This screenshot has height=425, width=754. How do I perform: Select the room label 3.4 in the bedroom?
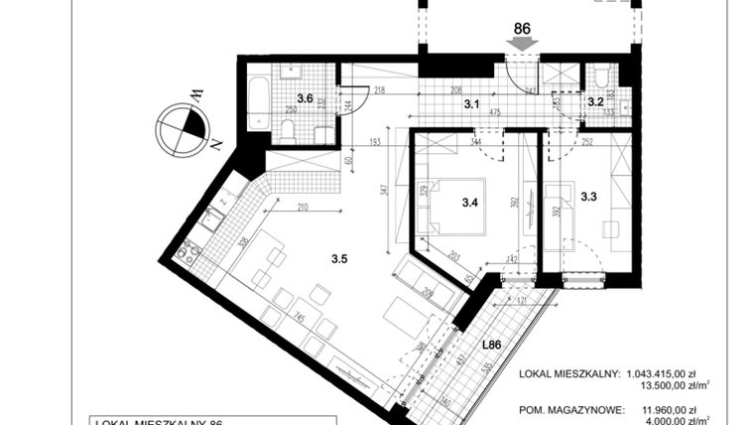coord(469,204)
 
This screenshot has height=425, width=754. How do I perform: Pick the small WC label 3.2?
coord(595,100)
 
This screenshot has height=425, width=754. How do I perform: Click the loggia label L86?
coord(492,346)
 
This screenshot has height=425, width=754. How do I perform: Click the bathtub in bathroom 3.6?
coord(258,103)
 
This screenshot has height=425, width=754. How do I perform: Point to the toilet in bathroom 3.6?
coord(288,129)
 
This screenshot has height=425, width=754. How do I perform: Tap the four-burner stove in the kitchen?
coord(187,254)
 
